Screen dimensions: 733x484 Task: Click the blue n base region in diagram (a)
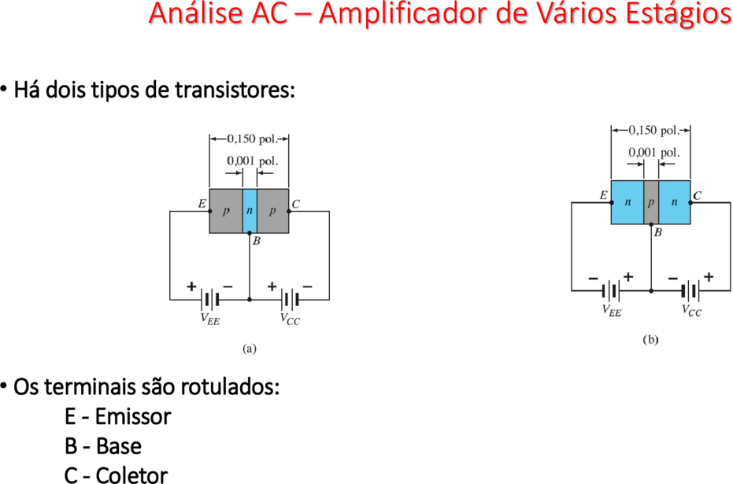coord(250,211)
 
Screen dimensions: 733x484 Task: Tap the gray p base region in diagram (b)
coord(651,202)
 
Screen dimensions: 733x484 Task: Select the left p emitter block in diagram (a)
coord(226,211)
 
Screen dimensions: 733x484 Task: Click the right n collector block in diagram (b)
coord(675,202)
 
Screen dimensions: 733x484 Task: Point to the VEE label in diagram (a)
coord(210,319)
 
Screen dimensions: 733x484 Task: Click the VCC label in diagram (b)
coord(691,310)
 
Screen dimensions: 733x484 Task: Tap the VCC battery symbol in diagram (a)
coord(290,300)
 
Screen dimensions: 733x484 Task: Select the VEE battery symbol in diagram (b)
coord(612,291)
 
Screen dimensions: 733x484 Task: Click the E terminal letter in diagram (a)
coord(202,204)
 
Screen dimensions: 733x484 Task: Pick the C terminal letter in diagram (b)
coord(697,195)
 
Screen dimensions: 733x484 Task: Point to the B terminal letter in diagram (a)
coord(256,241)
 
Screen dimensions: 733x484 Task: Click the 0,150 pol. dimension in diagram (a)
coord(252,139)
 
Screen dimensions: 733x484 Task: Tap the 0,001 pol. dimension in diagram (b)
coord(654,153)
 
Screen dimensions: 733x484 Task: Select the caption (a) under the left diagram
coord(249,349)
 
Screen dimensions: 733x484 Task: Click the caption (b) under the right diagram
coord(650,340)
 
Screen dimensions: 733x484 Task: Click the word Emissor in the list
coord(133,416)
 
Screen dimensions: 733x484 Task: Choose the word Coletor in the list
coord(131,475)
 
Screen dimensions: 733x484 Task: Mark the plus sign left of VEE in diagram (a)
coord(191,286)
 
